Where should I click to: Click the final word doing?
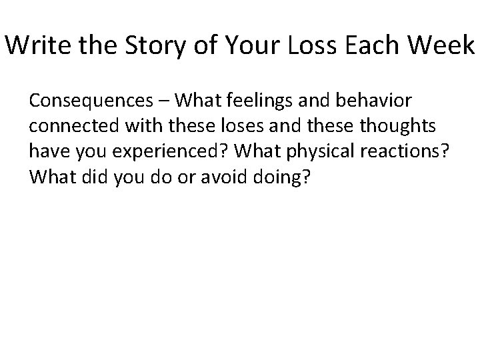289,173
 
